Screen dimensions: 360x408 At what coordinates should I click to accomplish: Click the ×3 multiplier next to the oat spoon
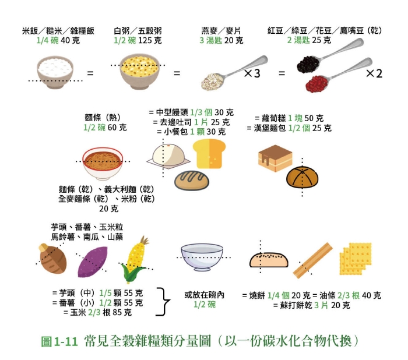point(255,74)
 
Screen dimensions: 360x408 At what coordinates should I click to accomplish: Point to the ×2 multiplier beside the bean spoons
point(373,74)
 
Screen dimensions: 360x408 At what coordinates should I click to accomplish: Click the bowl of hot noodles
point(103,163)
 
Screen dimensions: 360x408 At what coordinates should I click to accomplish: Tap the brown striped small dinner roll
point(191,180)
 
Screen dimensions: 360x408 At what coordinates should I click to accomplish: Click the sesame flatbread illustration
point(269,260)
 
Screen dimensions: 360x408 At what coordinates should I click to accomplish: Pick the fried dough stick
point(312,260)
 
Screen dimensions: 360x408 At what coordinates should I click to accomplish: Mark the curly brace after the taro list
point(166,302)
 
